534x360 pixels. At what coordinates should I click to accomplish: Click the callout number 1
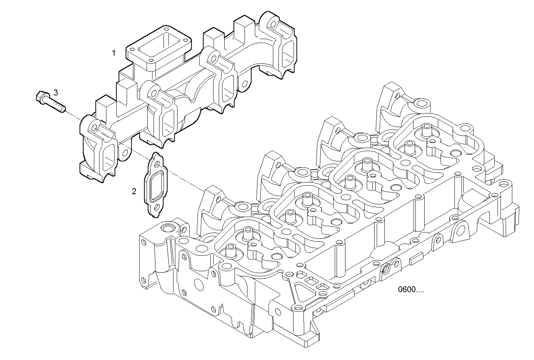[114, 53]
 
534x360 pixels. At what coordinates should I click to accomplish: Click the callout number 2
[134, 191]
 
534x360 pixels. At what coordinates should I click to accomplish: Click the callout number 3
[56, 92]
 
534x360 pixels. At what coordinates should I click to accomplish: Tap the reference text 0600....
[411, 290]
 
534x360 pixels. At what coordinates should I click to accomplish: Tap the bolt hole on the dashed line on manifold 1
[95, 128]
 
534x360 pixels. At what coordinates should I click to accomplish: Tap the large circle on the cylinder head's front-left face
[198, 284]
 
